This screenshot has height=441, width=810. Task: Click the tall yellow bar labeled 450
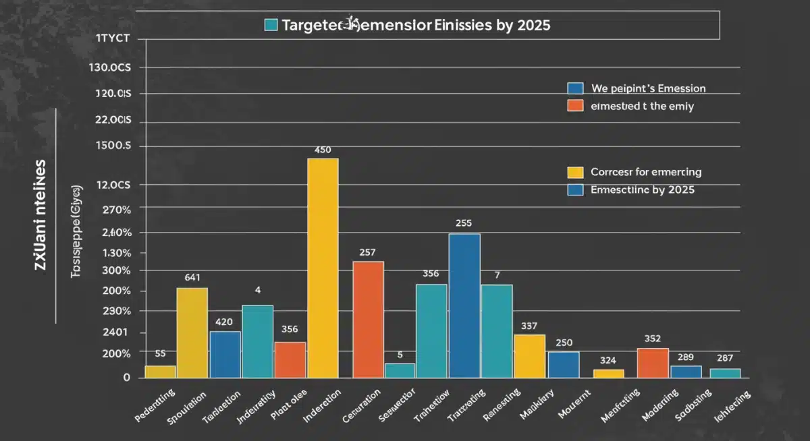coord(323,268)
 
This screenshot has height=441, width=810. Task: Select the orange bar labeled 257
coord(368,319)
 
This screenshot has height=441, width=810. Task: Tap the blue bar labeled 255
coord(464,305)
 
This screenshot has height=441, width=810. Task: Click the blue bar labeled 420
coord(225,354)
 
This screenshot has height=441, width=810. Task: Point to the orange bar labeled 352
coord(653,363)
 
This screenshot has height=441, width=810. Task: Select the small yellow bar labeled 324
coord(609,373)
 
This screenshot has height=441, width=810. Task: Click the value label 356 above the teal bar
coord(431,274)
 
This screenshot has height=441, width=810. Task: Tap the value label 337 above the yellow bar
coord(529,326)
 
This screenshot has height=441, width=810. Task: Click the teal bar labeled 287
coord(725,373)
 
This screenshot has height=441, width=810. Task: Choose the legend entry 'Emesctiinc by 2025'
coord(642,190)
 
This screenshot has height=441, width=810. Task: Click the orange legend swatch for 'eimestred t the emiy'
coord(575,106)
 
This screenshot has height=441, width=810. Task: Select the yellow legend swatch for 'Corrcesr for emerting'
coord(575,173)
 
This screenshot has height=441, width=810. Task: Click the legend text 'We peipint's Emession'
coord(648,88)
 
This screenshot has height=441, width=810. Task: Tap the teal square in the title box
coord(271,25)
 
